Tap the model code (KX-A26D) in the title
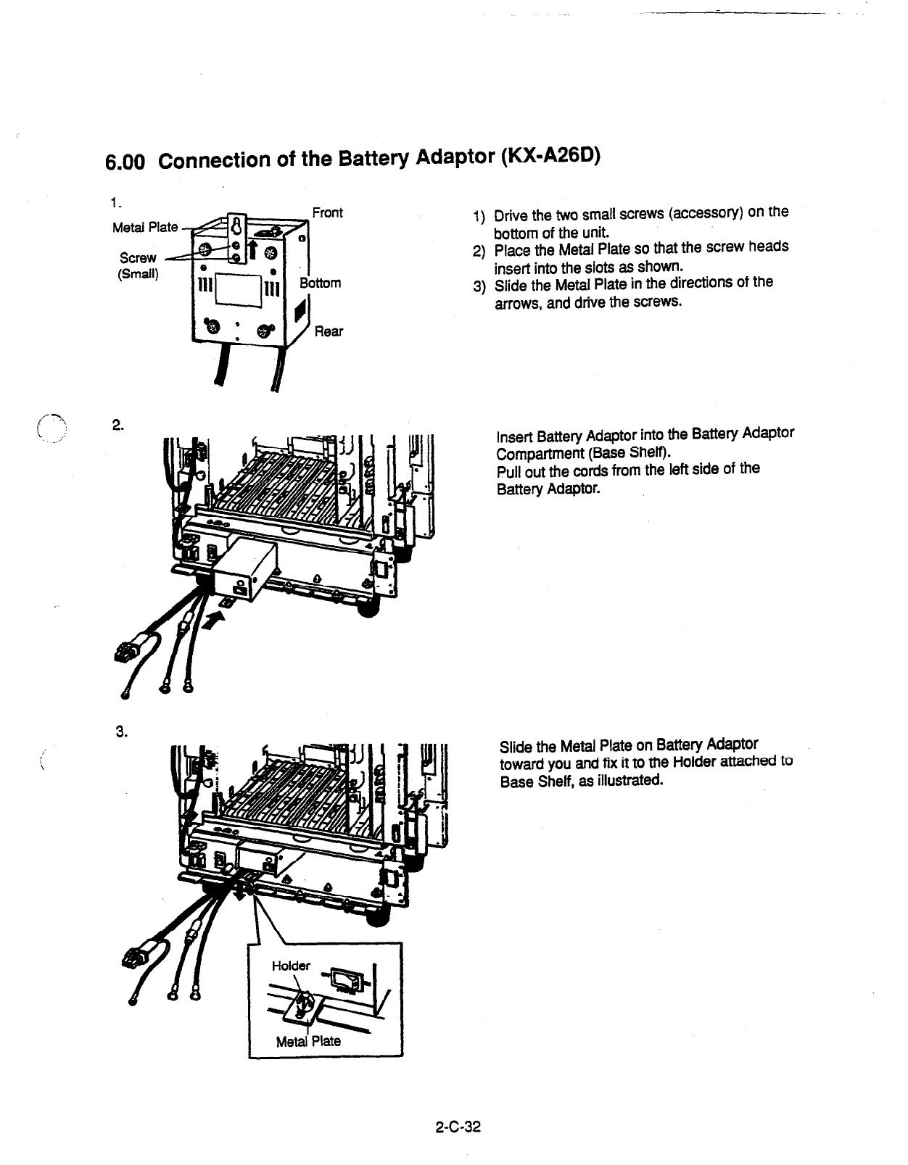pyautogui.click(x=550, y=156)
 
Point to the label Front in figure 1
pyautogui.click(x=327, y=212)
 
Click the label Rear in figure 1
pyautogui.click(x=329, y=331)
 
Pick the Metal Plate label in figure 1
pyautogui.click(x=145, y=227)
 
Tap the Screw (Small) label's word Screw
pyautogui.click(x=138, y=258)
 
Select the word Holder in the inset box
pyautogui.click(x=291, y=966)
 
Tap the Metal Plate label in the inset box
pyautogui.click(x=308, y=1042)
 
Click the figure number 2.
pyautogui.click(x=117, y=426)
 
